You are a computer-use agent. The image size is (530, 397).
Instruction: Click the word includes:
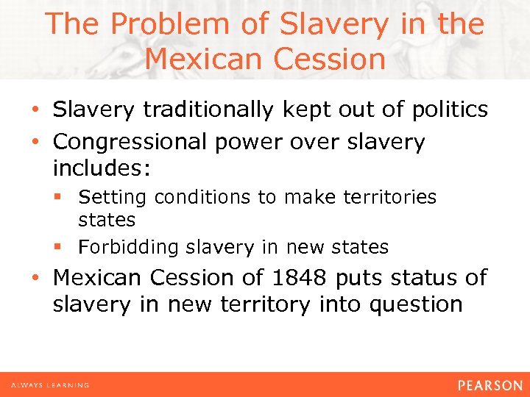point(102,168)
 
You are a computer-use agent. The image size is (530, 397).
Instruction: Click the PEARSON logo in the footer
point(489,385)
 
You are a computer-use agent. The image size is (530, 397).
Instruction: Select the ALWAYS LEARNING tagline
point(50,385)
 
